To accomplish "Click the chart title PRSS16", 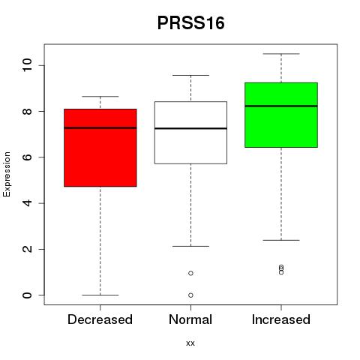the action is [x=190, y=23].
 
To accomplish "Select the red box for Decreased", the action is [x=100, y=148].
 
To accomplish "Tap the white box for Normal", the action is [x=190, y=133].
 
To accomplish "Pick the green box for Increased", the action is [x=281, y=115].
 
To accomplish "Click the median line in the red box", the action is [x=100, y=127].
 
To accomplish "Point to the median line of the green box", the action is [x=281, y=106].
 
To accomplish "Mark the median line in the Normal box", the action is [x=190, y=128].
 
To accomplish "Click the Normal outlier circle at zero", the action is [x=190, y=295].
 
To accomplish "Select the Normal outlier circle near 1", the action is [x=190, y=273].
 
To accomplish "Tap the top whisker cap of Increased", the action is [x=281, y=54].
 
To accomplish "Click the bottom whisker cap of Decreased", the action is [x=100, y=295].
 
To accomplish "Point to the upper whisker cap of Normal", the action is [x=190, y=75].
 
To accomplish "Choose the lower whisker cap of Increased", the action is [x=281, y=240].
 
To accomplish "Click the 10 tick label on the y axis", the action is [x=27, y=65].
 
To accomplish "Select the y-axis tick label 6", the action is [x=27, y=157].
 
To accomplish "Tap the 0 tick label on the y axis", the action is [x=27, y=295].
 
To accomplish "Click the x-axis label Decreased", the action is [x=100, y=319].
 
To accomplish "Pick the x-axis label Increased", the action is [x=281, y=319].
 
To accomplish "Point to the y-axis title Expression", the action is [x=7, y=174].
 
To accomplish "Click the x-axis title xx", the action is [x=190, y=343].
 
